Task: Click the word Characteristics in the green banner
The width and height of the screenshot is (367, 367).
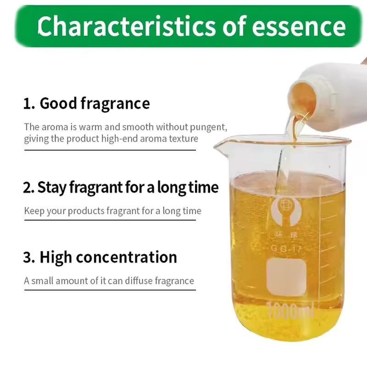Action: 127,26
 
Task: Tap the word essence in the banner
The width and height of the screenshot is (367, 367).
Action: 299,27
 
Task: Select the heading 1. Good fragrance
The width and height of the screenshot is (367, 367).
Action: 86,103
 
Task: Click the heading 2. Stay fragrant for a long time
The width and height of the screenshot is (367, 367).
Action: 121,188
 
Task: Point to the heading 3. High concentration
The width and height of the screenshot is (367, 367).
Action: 100,257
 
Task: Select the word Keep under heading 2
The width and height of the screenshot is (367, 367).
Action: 34,211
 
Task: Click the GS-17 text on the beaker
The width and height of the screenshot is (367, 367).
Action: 286,249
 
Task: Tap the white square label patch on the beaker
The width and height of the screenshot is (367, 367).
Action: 286,277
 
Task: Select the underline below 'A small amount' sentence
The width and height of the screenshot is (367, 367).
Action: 110,290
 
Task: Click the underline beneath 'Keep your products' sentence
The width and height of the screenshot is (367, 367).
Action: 110,220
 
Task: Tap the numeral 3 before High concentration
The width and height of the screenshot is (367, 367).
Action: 27,257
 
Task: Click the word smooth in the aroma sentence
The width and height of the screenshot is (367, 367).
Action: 138,127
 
